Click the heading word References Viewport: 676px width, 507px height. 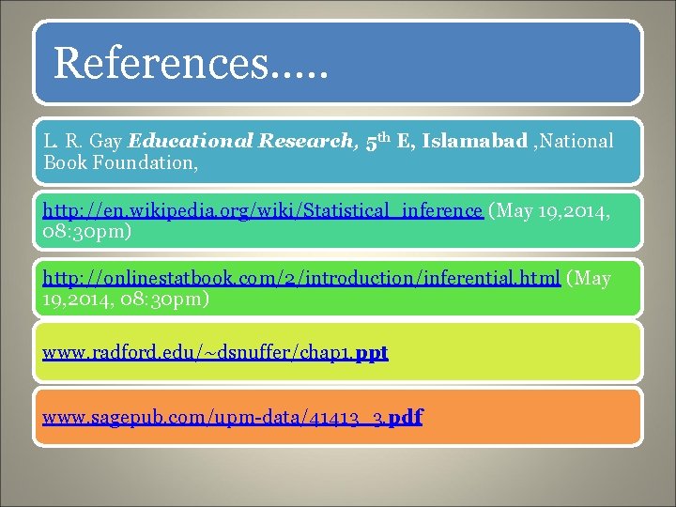coord(161,63)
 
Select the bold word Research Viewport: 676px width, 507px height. coord(302,142)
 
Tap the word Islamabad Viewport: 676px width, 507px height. coord(475,142)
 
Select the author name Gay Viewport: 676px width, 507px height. coord(107,142)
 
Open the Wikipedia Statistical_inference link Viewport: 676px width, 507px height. coord(263,210)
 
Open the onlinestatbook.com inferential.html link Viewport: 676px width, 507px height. coord(301,279)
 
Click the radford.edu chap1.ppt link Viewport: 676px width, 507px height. coord(215,353)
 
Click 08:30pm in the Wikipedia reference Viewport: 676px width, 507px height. coord(84,230)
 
